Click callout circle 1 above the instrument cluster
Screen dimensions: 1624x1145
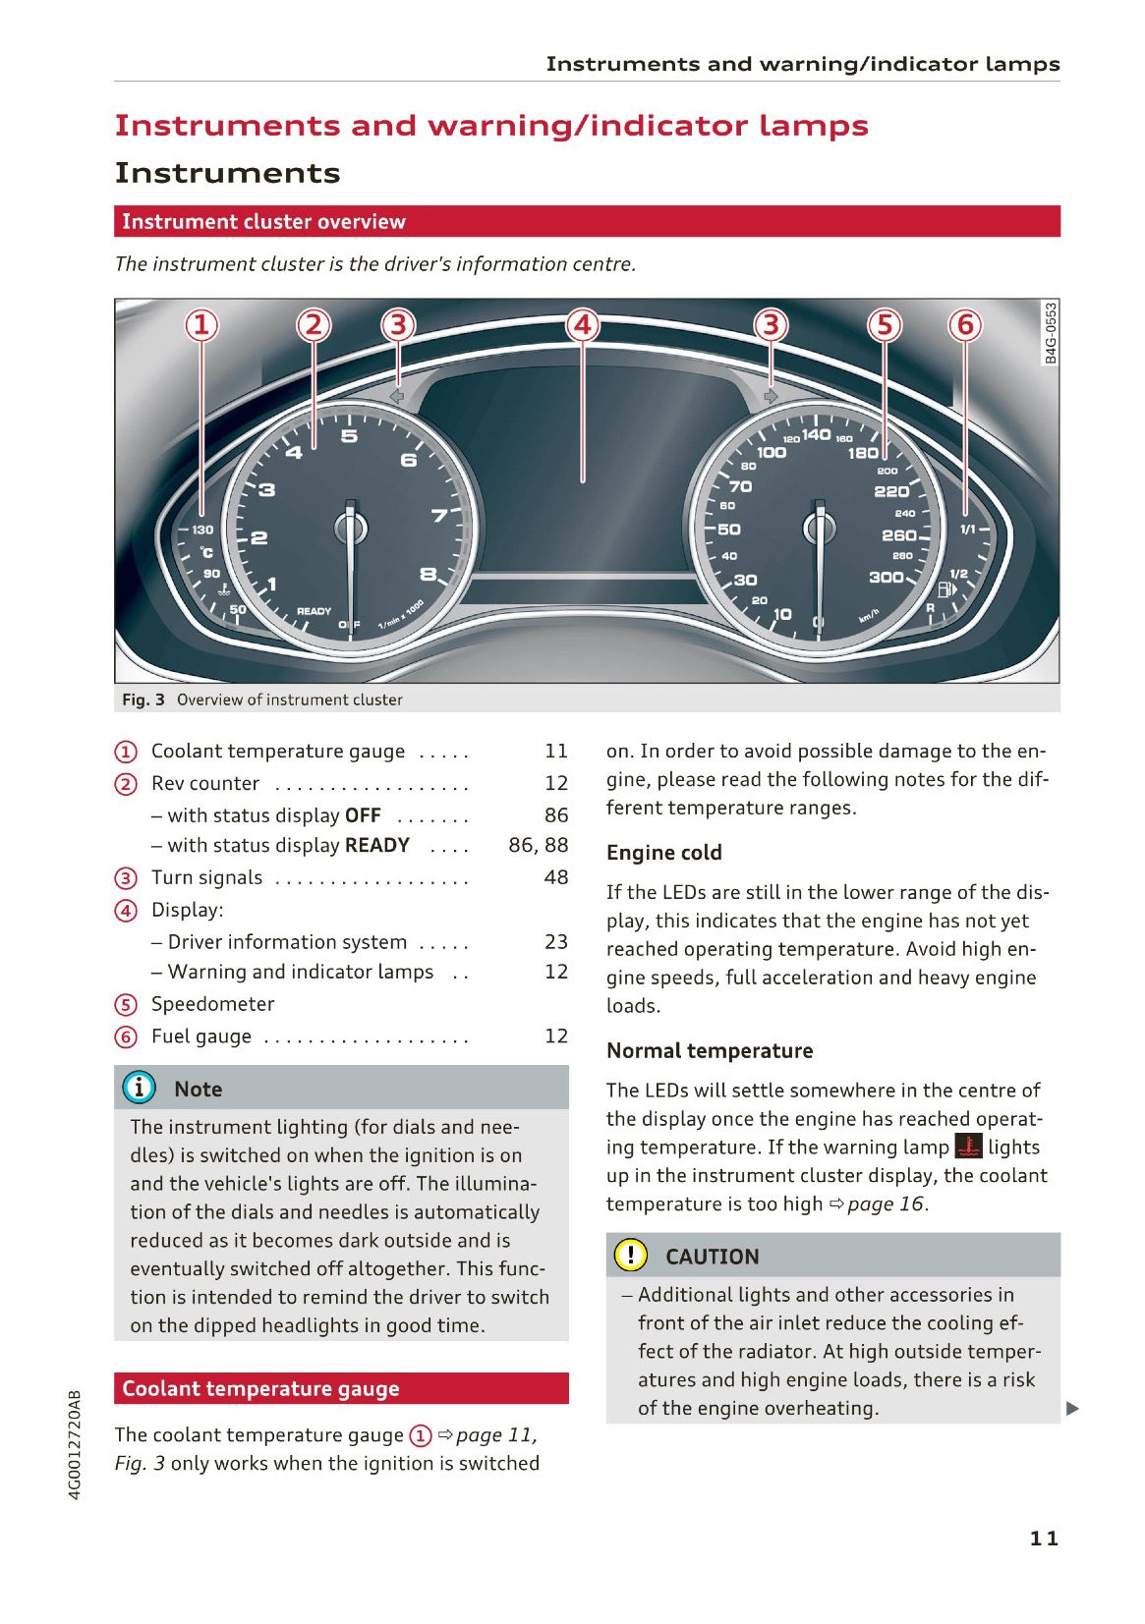(201, 324)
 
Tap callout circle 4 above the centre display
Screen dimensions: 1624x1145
(583, 324)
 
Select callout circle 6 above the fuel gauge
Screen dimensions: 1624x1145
(965, 324)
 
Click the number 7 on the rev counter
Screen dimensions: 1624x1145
(439, 515)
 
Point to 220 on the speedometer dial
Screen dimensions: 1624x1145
(891, 491)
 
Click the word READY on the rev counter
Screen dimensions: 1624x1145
(314, 611)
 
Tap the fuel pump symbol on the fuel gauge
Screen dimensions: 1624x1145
(945, 589)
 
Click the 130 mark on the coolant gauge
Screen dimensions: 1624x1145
(202, 530)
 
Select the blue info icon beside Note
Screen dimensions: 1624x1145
(140, 1088)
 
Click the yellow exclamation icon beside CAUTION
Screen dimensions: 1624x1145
(630, 1256)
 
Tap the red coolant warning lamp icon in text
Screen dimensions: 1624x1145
(968, 1147)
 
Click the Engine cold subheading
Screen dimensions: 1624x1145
(663, 853)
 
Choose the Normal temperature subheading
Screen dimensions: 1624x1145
(709, 1050)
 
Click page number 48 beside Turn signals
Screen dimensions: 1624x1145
(556, 877)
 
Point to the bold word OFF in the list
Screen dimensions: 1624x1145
(363, 815)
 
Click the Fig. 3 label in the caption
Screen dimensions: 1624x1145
(143, 700)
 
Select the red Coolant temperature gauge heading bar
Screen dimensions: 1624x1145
(341, 1388)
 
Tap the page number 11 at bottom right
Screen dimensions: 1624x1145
(1044, 1539)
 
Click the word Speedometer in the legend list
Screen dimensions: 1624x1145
(212, 1004)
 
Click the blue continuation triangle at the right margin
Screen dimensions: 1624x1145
(1072, 1409)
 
